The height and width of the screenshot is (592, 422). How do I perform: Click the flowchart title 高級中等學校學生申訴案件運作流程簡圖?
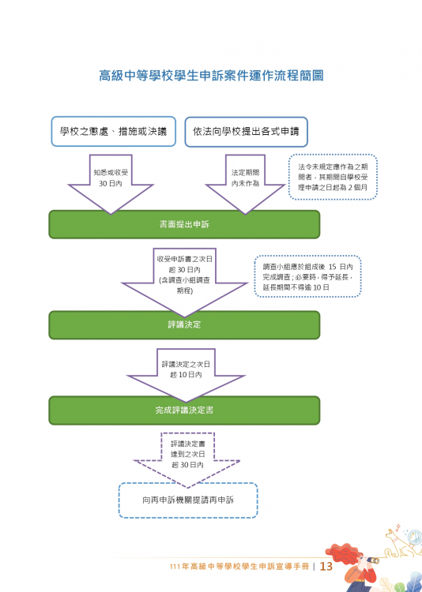point(211,76)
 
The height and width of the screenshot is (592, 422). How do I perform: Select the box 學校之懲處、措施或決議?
point(114,131)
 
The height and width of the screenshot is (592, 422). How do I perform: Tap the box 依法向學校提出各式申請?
point(247,132)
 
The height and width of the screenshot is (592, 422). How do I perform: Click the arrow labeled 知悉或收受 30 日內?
point(111,182)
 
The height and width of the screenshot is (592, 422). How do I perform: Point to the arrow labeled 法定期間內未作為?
point(245,182)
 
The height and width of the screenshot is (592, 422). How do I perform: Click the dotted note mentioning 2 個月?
point(333,177)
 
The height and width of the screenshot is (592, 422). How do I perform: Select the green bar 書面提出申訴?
point(185,224)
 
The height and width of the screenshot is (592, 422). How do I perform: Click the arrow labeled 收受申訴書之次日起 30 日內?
point(185,279)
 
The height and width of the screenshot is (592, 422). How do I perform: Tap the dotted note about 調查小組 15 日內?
point(307,277)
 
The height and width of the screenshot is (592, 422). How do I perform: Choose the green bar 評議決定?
point(185,324)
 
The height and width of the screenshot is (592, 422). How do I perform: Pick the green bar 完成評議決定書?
point(185,410)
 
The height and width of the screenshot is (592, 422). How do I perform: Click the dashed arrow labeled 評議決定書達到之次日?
point(187,457)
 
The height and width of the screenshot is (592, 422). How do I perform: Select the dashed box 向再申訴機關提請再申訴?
point(188,500)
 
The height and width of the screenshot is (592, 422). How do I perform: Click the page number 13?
point(326,566)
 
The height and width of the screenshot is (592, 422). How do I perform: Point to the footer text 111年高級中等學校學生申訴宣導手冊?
point(239,567)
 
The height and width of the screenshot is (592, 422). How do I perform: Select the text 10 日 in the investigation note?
point(321,287)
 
